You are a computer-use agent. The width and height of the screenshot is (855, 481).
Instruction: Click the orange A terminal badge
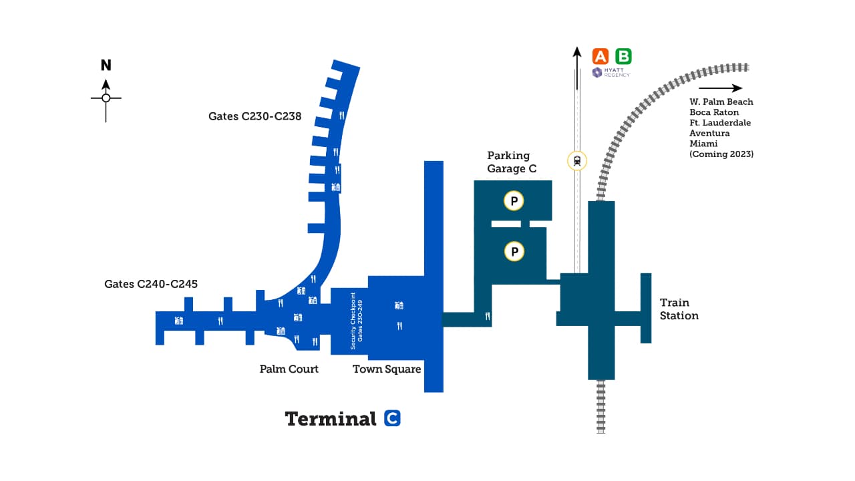[x=601, y=56]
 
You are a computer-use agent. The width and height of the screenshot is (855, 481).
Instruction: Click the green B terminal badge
[x=623, y=56]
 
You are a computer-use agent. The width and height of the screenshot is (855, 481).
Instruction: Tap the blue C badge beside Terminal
[x=393, y=419]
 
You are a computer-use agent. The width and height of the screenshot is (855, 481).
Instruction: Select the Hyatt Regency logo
[x=611, y=72]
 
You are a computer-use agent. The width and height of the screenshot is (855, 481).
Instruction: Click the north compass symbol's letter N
[x=106, y=65]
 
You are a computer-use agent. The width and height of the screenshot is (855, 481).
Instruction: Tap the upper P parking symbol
[x=514, y=200]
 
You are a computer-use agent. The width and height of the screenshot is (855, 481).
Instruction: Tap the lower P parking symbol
[x=514, y=251]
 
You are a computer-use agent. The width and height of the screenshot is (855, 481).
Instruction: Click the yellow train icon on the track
[x=576, y=160]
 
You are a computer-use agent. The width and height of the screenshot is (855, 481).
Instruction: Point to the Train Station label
[x=679, y=309]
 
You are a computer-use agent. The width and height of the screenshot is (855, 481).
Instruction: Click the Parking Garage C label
[x=512, y=162]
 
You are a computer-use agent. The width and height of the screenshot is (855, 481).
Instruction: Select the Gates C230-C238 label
[x=254, y=116]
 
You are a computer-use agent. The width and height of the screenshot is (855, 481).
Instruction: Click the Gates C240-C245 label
[x=151, y=284]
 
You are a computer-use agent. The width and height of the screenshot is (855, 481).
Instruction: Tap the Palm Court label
[x=289, y=369]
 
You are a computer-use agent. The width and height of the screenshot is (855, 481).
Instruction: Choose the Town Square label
[x=387, y=369]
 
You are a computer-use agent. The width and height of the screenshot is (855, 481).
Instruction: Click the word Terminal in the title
[x=331, y=419]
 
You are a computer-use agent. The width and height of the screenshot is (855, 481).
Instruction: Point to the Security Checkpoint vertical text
[x=356, y=321]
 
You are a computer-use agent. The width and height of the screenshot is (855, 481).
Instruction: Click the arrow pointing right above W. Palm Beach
[x=720, y=88]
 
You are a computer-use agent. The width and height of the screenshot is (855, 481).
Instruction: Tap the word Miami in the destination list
[x=703, y=144]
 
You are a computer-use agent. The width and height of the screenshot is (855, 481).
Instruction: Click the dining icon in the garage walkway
[x=488, y=317]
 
